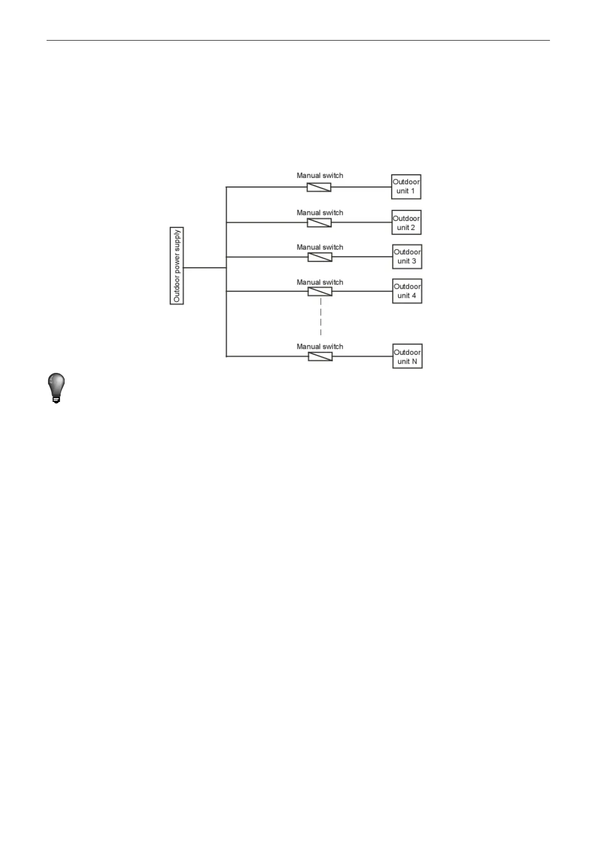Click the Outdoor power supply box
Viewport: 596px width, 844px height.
(x=177, y=266)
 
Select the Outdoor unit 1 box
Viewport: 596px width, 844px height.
(x=406, y=186)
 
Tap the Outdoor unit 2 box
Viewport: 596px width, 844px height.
(x=406, y=223)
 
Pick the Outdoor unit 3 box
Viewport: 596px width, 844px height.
(x=407, y=257)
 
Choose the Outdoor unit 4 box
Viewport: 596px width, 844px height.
(x=407, y=291)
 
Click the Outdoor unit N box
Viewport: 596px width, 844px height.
(x=407, y=356)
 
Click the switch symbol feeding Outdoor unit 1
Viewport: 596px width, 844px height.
(x=319, y=187)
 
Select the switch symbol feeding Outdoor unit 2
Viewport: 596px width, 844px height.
(x=319, y=223)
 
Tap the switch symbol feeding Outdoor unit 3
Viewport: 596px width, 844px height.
(x=320, y=257)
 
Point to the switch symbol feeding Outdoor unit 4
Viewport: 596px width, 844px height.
(x=320, y=291)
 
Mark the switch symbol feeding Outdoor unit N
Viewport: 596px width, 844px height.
(x=320, y=356)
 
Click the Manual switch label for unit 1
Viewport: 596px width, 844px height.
(x=320, y=175)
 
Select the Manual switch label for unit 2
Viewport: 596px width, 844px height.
(x=320, y=213)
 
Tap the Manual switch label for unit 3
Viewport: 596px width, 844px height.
(x=320, y=247)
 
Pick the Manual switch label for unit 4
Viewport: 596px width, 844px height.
(x=320, y=282)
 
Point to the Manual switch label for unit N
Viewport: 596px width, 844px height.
(x=320, y=346)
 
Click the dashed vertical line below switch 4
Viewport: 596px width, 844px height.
(x=321, y=317)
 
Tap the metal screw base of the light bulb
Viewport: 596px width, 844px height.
(x=57, y=399)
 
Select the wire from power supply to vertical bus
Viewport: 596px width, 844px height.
(x=205, y=268)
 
